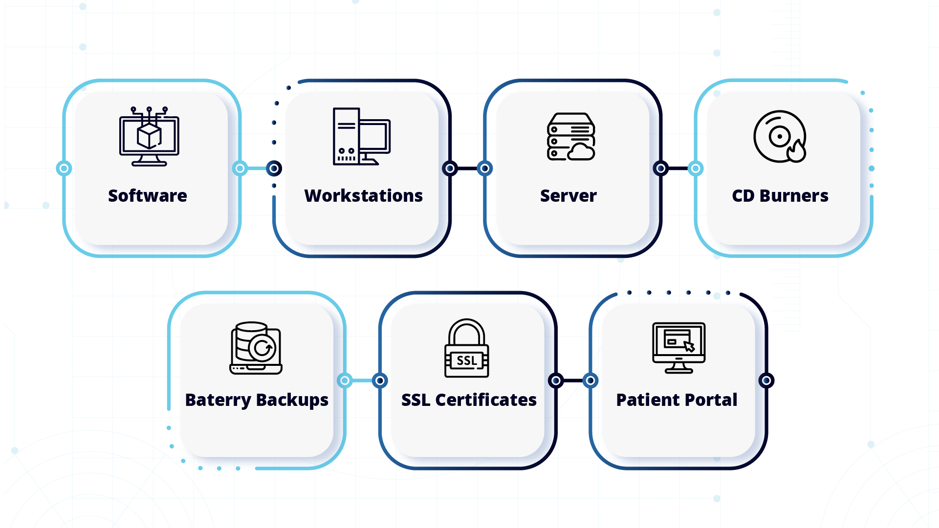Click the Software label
click(147, 196)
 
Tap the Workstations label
click(363, 196)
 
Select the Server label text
click(568, 196)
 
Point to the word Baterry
click(218, 400)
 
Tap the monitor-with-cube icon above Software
click(149, 137)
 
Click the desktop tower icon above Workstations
click(361, 136)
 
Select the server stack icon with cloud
click(570, 136)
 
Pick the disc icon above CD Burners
click(779, 136)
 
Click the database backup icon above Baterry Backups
click(256, 348)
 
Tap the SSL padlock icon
click(466, 348)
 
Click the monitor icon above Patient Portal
click(678, 348)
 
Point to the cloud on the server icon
click(581, 152)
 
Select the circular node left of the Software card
click(64, 169)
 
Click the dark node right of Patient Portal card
click(766, 380)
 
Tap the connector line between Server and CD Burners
click(678, 169)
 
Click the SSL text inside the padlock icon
click(466, 361)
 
